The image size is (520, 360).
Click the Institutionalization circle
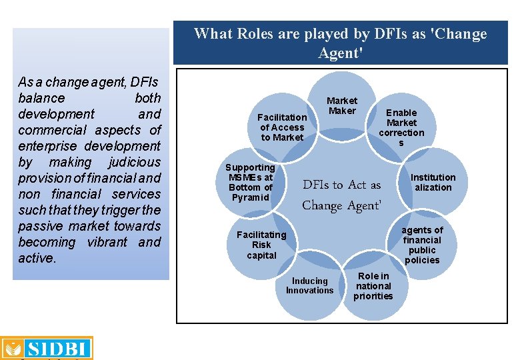pyautogui.click(x=433, y=182)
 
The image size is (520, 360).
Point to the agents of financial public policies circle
pyautogui.click(x=422, y=245)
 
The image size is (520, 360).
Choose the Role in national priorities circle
pyautogui.click(x=373, y=286)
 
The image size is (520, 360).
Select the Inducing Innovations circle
pyautogui.click(x=309, y=286)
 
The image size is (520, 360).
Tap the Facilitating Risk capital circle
pyautogui.click(x=261, y=245)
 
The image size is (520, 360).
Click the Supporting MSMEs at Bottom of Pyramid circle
pyautogui.click(x=250, y=182)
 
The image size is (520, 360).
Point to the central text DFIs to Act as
pyautogui.click(x=342, y=185)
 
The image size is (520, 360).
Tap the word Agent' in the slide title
pyautogui.click(x=341, y=53)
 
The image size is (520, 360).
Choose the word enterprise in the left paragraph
pyautogui.click(x=45, y=146)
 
